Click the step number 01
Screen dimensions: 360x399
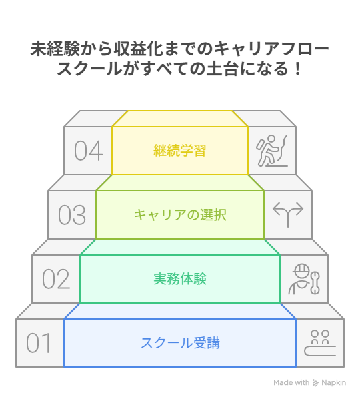[39, 343]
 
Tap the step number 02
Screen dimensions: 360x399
[56, 279]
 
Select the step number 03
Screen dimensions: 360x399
[72, 215]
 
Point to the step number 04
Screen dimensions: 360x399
[88, 151]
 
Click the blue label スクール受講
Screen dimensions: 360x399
[180, 343]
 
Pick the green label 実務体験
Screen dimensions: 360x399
[180, 279]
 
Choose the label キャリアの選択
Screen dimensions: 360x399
[180, 215]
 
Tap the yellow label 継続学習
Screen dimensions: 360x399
[180, 150]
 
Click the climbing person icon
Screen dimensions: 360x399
[272, 151]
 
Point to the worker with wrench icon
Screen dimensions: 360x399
[304, 279]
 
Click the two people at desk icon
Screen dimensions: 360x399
[320, 343]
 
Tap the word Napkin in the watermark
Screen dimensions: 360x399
[333, 383]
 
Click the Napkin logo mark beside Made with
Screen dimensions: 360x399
[315, 383]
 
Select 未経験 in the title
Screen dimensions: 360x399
[55, 49]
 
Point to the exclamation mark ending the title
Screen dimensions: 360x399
[298, 69]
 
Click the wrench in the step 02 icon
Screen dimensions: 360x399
[315, 283]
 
